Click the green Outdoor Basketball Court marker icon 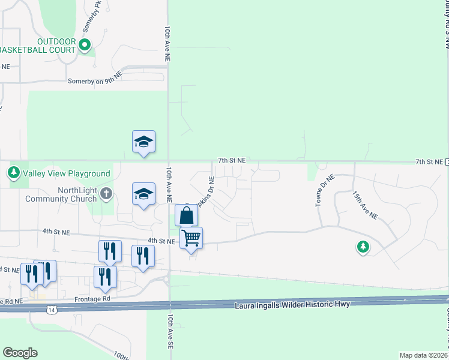tap(85, 44)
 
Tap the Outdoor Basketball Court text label tap(38, 45)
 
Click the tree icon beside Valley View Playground tap(14, 173)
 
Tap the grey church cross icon tap(106, 193)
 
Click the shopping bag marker tap(187, 215)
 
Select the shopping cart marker tap(191, 238)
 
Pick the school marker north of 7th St tap(143, 142)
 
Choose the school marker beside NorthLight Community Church tap(143, 194)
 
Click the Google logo tap(20, 353)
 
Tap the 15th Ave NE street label tap(365, 205)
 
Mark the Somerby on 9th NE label tap(95, 80)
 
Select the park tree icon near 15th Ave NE tap(363, 247)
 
